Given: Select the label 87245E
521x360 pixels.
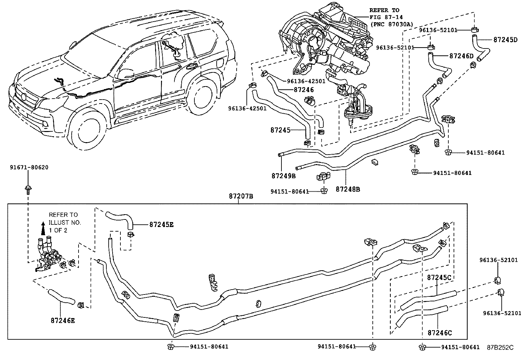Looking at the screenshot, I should (x=161, y=225).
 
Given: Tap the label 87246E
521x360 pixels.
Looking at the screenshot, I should (x=63, y=320).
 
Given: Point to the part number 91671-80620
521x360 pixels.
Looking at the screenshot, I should (x=29, y=167).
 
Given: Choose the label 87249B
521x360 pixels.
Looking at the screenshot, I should (x=283, y=176).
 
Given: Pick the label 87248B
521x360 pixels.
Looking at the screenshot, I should (x=348, y=189).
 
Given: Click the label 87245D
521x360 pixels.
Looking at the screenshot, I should (x=505, y=40).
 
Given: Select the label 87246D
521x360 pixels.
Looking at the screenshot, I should (x=461, y=56).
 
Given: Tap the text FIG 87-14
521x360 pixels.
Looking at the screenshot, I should (x=386, y=17).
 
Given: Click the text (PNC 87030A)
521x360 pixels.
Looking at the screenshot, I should (x=392, y=25).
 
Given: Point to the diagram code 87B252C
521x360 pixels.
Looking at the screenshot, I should (x=500, y=347).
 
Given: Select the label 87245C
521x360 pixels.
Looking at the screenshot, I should (x=439, y=278).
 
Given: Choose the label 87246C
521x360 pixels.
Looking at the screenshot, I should (x=440, y=333).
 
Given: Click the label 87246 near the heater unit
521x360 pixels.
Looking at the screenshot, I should (x=304, y=89).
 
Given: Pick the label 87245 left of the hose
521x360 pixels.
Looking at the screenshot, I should (x=280, y=130).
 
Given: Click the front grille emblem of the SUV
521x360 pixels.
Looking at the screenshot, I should (x=24, y=97).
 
